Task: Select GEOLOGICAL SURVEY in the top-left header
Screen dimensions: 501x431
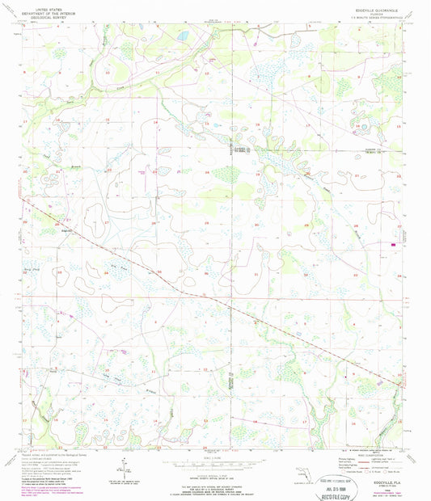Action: click(46, 15)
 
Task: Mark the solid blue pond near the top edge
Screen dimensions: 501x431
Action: click(184, 36)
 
